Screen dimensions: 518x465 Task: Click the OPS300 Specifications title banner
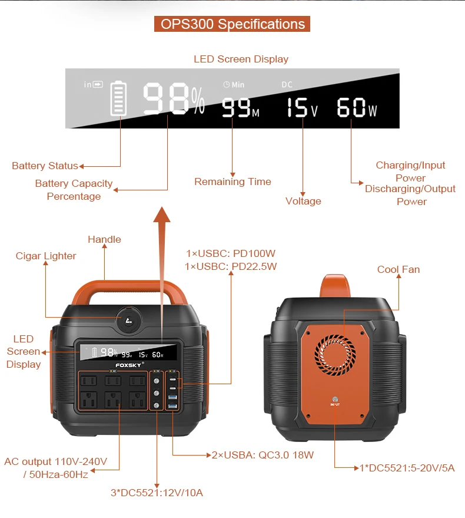pos(232,24)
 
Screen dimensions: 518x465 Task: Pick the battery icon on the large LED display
pos(119,98)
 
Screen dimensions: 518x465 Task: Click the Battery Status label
pos(45,166)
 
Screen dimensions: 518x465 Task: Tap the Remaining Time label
pos(232,182)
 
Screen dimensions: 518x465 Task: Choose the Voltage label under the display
pos(303,201)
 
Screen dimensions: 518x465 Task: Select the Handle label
pos(104,239)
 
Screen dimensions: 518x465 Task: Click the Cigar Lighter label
pos(46,256)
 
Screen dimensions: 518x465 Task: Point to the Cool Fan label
pos(398,269)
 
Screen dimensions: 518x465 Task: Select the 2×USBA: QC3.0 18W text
pos(263,455)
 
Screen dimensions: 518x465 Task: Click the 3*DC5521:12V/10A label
pos(157,493)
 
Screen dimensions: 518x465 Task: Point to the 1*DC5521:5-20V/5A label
pos(407,468)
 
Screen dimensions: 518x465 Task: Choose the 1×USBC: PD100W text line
pos(231,253)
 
